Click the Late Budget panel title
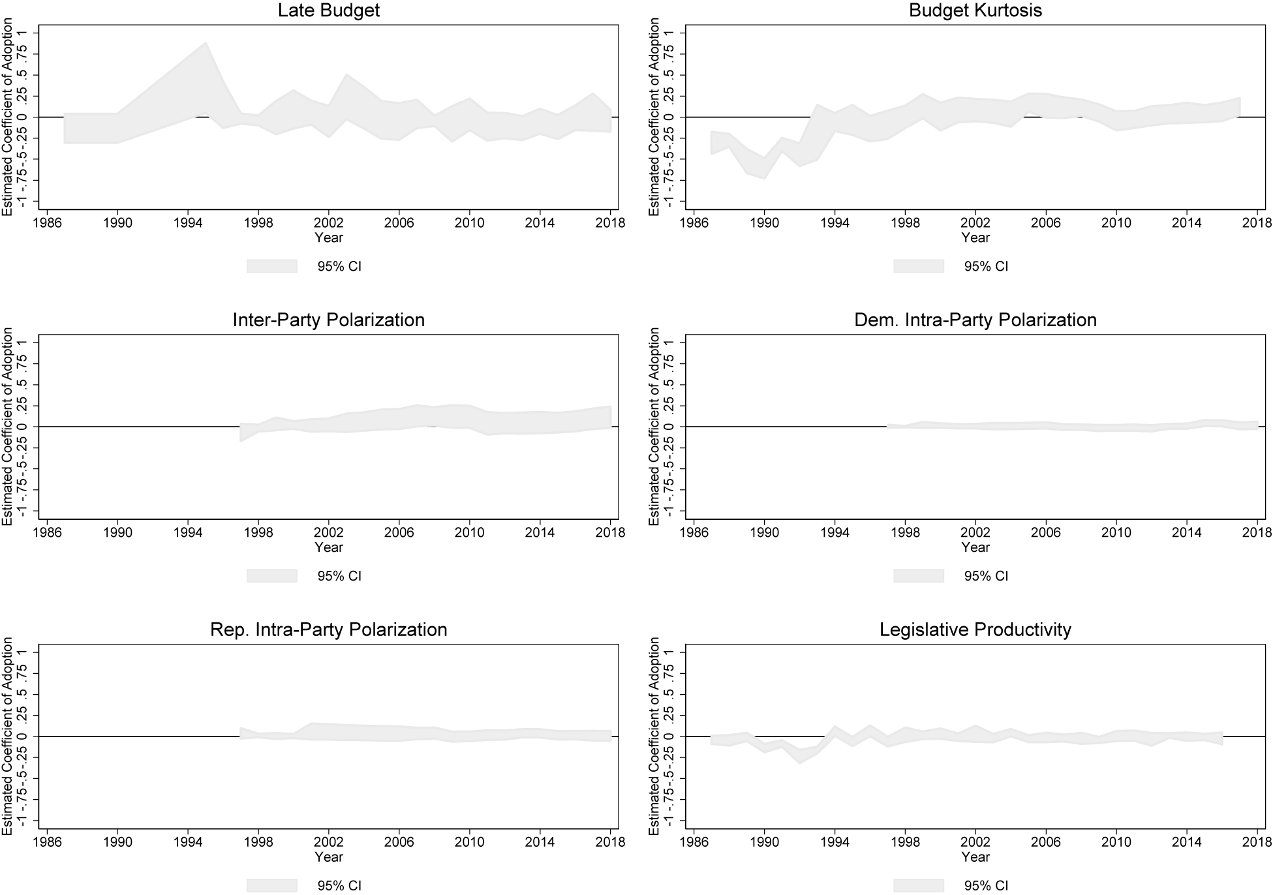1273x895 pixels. (x=328, y=11)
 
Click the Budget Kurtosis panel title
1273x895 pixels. (x=975, y=11)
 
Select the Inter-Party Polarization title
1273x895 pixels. (x=328, y=320)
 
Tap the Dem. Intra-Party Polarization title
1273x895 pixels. (x=975, y=320)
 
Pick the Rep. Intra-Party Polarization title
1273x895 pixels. (x=328, y=630)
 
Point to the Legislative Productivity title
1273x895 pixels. (x=975, y=630)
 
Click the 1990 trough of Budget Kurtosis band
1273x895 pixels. (x=764, y=176)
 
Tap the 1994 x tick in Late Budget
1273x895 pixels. (x=188, y=223)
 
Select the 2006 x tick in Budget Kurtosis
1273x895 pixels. (x=1046, y=223)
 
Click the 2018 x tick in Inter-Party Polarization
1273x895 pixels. (x=611, y=533)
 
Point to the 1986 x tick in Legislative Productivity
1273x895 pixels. (x=694, y=843)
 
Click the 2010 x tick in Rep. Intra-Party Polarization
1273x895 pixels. (x=470, y=843)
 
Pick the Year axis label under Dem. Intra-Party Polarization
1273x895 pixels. (x=975, y=548)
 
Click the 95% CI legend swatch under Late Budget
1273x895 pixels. (x=272, y=266)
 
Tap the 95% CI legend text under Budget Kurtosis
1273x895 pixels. (x=986, y=266)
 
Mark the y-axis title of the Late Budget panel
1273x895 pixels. (x=8, y=117)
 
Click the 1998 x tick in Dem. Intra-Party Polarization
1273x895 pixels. (x=905, y=533)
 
